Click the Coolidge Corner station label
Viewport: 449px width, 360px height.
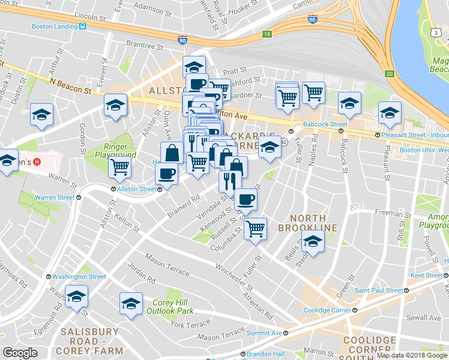tap(326, 310)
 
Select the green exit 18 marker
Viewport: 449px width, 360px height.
tap(267, 35)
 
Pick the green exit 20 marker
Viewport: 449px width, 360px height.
tap(389, 73)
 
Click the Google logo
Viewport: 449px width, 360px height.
tap(20, 353)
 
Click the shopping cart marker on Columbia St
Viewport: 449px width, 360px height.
tap(256, 227)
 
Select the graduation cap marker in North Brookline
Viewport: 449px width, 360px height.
tap(313, 241)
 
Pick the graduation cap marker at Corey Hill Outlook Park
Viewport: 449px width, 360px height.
tap(131, 302)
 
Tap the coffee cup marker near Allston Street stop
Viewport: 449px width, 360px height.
tap(166, 173)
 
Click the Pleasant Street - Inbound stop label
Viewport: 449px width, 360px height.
tap(414, 135)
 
